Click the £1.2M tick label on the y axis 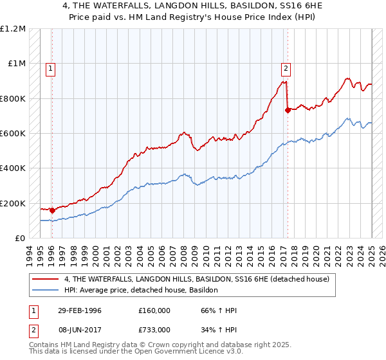[x=14, y=29]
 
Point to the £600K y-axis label [x=14, y=134]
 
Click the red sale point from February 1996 [x=52, y=210]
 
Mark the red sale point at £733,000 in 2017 [x=288, y=110]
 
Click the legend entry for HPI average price [x=141, y=290]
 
